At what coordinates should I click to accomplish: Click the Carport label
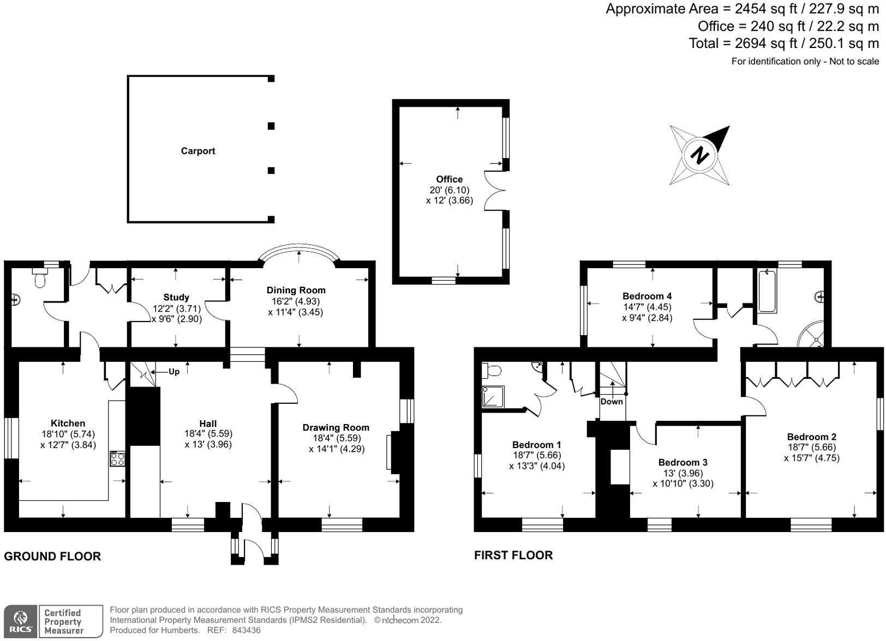pos(198,151)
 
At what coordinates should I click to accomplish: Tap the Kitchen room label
pos(68,423)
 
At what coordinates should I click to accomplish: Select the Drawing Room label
pos(336,427)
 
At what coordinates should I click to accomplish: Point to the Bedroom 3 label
pos(683,462)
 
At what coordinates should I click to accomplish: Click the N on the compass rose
pos(699,155)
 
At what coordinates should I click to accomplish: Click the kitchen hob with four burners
pos(117,459)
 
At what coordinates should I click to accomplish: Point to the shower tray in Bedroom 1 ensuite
pos(493,397)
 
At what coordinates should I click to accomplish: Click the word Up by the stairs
pos(174,372)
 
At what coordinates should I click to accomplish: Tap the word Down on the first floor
pos(612,402)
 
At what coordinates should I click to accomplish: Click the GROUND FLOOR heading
pos(52,557)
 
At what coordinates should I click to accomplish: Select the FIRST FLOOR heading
pos(513,555)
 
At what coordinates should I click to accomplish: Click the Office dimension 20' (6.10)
pos(449,190)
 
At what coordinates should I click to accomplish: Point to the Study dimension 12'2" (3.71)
pos(176,309)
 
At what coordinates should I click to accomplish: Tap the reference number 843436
pos(246,631)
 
